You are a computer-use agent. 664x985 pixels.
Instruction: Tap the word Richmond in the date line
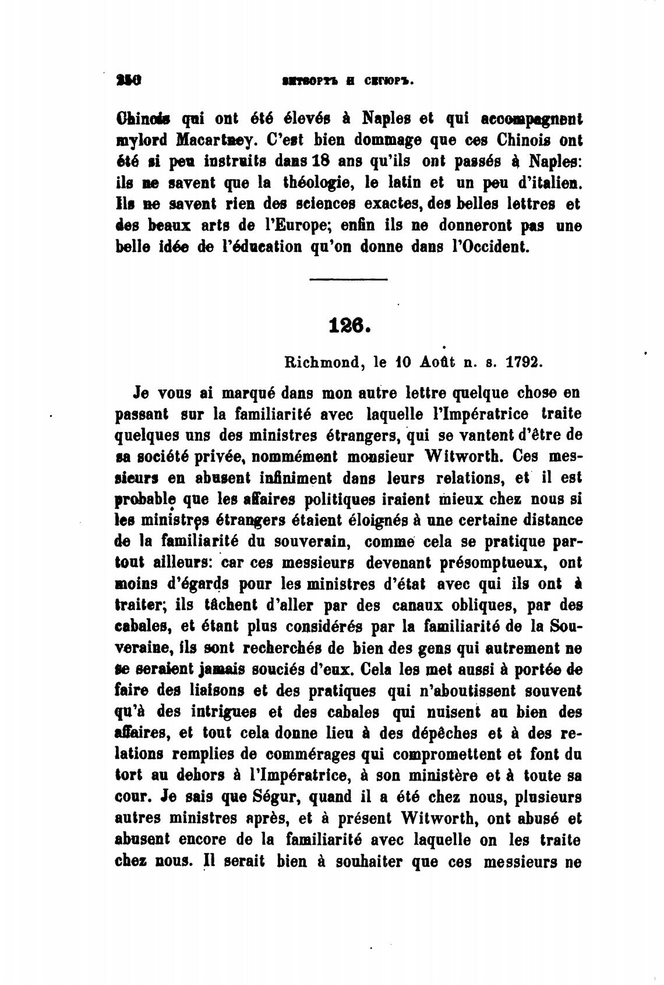(x=322, y=362)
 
